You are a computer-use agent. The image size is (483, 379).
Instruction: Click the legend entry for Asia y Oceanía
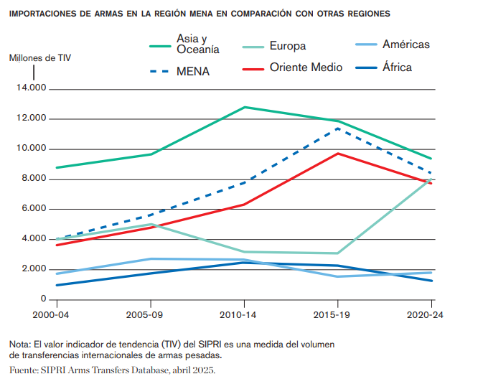197,44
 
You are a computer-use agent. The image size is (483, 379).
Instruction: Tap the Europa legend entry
288,46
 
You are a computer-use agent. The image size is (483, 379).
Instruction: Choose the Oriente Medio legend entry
306,67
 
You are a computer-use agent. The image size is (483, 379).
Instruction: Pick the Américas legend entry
405,45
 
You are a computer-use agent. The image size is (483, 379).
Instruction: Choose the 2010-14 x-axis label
244,314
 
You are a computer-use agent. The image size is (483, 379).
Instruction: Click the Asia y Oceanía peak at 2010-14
244,107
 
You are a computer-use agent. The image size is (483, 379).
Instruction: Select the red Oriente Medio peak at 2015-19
338,153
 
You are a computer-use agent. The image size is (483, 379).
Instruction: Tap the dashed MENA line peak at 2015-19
338,128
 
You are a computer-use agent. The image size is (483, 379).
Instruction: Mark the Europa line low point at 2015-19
338,253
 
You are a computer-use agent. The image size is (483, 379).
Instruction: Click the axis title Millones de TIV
39,57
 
